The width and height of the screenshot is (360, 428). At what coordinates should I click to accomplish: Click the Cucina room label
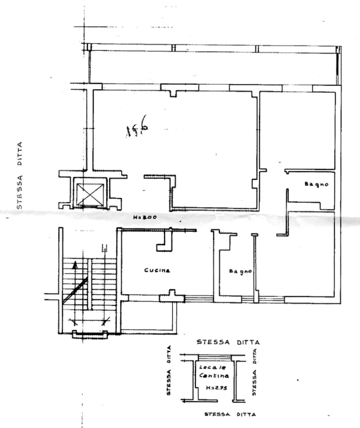tap(157, 270)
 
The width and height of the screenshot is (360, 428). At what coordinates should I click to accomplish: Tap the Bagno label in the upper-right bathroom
tap(316, 184)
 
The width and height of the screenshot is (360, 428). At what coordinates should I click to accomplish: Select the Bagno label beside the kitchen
tap(240, 272)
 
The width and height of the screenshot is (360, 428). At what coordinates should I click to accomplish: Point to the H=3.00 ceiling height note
tap(144, 217)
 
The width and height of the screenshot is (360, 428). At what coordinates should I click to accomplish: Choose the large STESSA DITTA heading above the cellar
tap(228, 342)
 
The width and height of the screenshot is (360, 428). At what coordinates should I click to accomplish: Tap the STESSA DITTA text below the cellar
tap(230, 415)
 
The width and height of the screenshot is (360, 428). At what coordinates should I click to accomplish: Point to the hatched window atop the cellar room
tap(214, 357)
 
